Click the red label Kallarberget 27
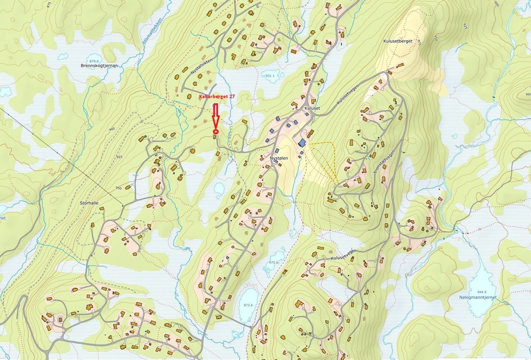tap(216, 96)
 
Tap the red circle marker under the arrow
tap(215, 132)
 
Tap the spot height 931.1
tap(270, 76)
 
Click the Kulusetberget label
tap(397, 41)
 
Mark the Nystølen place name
tap(279, 158)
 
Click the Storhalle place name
tap(89, 203)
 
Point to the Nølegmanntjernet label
tap(478, 298)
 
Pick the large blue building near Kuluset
tap(302, 143)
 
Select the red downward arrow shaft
tap(215, 112)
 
